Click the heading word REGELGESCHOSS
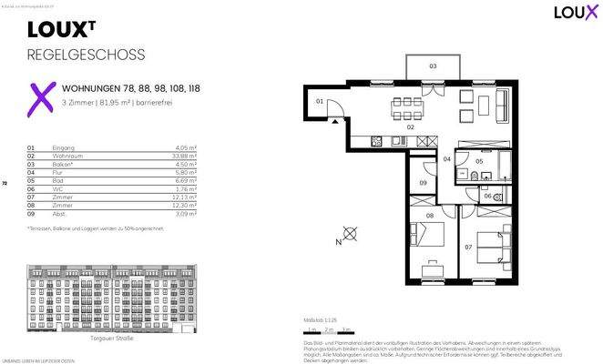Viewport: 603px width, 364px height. (x=87, y=55)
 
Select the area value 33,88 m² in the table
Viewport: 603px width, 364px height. (x=188, y=155)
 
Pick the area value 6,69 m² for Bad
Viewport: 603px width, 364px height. (x=189, y=181)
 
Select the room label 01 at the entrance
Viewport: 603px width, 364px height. (x=320, y=102)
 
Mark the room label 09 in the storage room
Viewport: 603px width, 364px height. (x=422, y=183)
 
